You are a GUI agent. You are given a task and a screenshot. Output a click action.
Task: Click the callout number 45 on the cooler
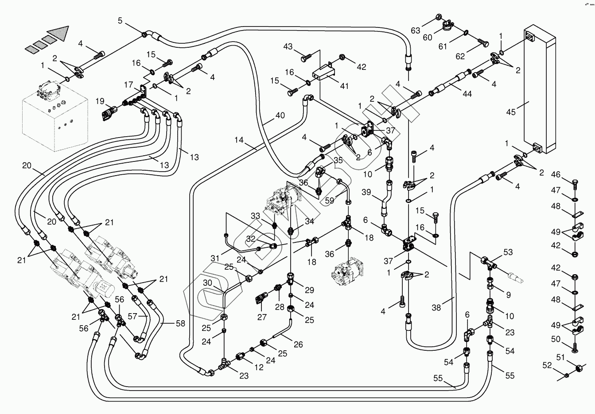[511, 112]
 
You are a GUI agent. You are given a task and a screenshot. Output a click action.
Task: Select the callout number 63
[416, 31]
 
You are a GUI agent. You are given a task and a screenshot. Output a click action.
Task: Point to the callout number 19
[100, 101]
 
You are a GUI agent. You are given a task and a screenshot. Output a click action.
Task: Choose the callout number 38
[436, 307]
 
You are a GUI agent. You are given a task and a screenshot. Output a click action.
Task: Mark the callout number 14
[239, 140]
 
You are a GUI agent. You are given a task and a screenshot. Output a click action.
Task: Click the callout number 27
[262, 317]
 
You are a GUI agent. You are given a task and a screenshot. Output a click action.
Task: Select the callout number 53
[508, 253]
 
